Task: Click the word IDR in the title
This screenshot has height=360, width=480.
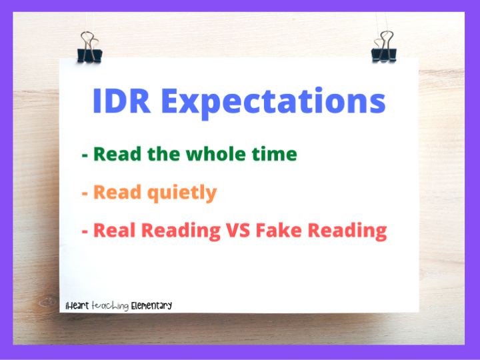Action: (x=121, y=101)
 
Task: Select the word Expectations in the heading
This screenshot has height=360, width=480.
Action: (x=273, y=103)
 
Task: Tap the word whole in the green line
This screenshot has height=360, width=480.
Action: (x=215, y=154)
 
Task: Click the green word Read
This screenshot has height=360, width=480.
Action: (x=117, y=154)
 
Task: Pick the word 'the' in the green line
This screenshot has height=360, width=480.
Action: (x=163, y=154)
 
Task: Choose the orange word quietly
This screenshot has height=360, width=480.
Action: (x=182, y=193)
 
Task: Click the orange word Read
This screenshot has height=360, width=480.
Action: (x=117, y=192)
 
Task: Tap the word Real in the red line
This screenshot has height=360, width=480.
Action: (x=114, y=230)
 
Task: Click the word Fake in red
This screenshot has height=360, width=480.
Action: (x=279, y=230)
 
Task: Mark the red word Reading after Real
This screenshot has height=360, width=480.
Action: (x=181, y=231)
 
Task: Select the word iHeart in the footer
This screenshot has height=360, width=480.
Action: (x=77, y=305)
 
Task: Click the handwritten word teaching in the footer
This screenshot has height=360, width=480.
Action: (x=110, y=306)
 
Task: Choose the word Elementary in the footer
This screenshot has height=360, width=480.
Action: (x=151, y=305)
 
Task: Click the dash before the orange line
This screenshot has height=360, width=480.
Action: (x=85, y=193)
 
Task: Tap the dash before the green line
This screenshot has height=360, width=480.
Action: (x=85, y=155)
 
